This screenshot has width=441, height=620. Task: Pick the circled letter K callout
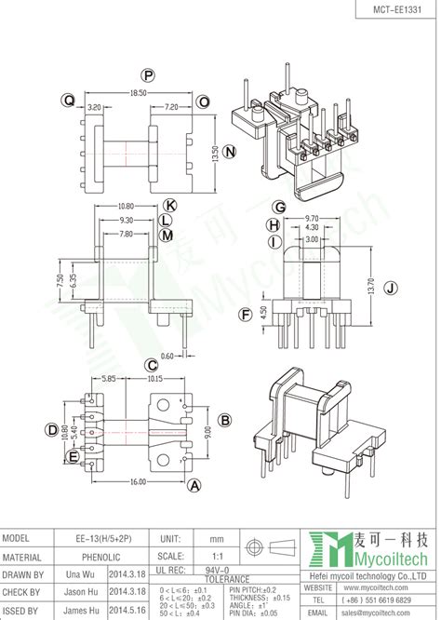(x=169, y=204)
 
